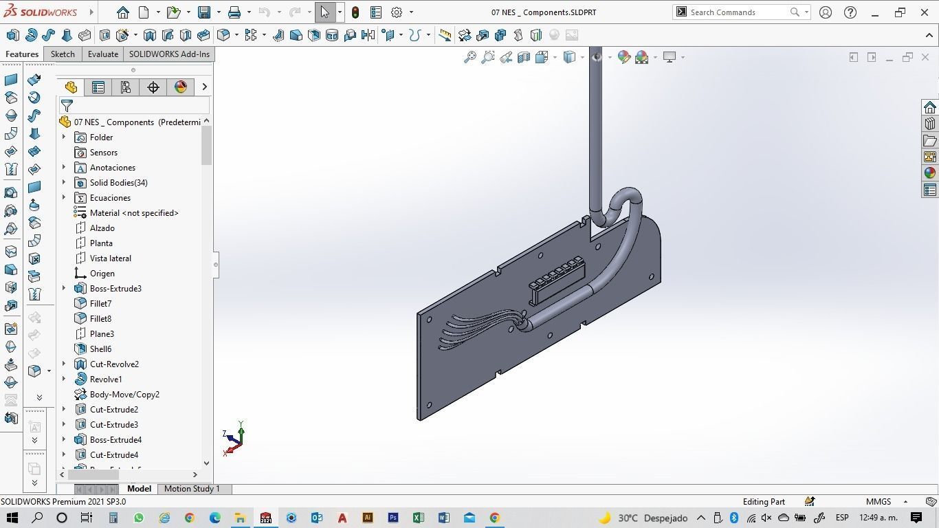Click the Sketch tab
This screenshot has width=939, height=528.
coord(63,54)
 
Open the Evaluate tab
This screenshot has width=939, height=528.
coord(102,54)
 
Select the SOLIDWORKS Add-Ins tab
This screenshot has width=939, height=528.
coord(169,54)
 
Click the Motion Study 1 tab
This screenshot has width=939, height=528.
coord(192,489)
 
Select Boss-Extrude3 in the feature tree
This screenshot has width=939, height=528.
coord(115,289)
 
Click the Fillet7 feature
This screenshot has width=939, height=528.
coord(100,304)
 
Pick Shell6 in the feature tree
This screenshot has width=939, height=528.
coord(100,349)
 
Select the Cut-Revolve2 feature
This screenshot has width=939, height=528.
coord(114,364)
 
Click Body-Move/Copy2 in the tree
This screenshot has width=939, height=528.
coord(124,395)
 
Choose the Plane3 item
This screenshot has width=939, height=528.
coord(102,334)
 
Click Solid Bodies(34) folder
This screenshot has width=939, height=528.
coord(118,183)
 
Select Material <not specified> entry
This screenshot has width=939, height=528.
coord(134,213)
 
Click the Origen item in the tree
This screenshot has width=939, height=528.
coord(102,274)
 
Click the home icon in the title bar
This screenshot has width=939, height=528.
coord(123,12)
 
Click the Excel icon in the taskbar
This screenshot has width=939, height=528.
coord(418,518)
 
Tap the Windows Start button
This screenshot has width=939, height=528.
coord(12,518)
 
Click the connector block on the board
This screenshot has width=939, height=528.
coord(557,280)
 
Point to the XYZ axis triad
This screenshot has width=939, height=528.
coord(234,439)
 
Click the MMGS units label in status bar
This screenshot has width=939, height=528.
coord(879,502)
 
